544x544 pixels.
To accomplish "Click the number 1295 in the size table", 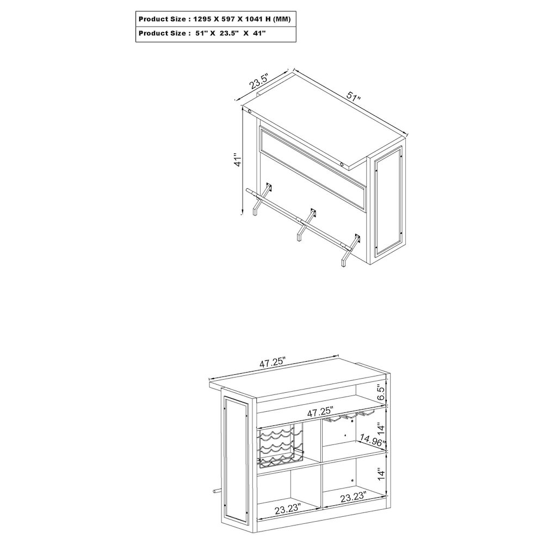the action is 201,19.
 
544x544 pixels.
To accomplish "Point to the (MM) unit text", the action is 281,19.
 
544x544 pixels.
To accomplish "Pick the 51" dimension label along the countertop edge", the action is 354,96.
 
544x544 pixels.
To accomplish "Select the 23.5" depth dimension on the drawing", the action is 259,82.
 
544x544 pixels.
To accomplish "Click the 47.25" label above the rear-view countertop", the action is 273,362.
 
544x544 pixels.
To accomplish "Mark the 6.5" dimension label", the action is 381,392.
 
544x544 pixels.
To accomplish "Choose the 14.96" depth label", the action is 373,441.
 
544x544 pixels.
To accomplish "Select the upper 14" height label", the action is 381,429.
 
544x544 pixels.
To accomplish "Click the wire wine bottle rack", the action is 280,446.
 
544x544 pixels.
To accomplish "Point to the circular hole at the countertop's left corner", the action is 250,112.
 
